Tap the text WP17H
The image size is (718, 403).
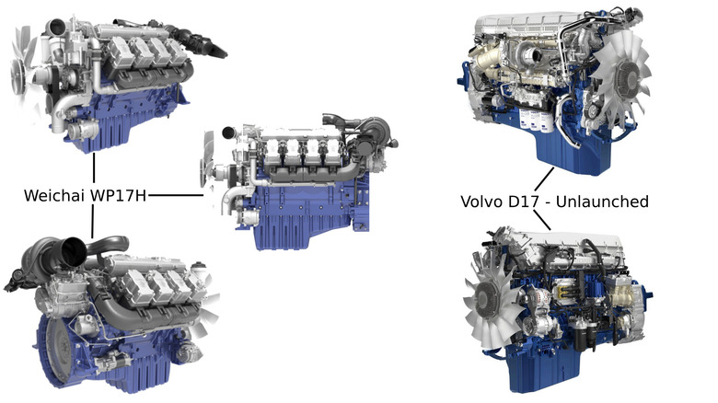[x=118, y=196]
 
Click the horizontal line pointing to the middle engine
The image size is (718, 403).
[x=176, y=196]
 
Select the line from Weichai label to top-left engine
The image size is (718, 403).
[x=94, y=167]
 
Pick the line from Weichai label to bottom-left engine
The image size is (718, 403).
[x=92, y=222]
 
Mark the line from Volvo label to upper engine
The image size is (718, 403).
[x=544, y=179]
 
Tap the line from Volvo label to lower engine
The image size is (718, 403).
[x=542, y=220]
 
